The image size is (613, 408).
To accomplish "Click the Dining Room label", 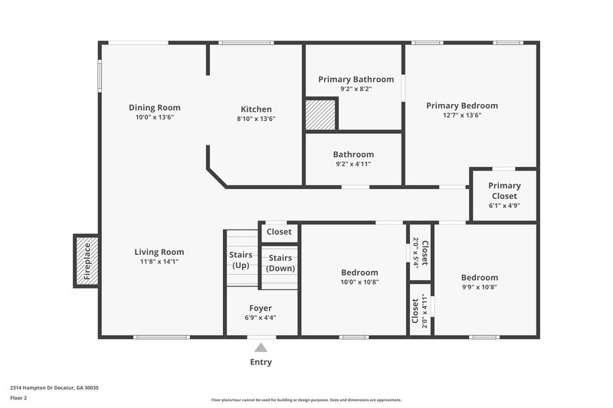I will pyautogui.click(x=154, y=108).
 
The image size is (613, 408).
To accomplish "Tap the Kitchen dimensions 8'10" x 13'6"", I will pyautogui.click(x=256, y=119).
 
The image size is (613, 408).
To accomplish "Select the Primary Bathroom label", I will pyautogui.click(x=356, y=79).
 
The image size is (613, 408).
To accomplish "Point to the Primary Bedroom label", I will pyautogui.click(x=461, y=106).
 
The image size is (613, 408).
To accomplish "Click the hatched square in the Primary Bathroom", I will pyautogui.click(x=320, y=115).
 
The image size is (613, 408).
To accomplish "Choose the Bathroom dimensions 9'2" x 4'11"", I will pyautogui.click(x=353, y=164).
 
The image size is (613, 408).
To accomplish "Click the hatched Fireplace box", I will pyautogui.click(x=86, y=261).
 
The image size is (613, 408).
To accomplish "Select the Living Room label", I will pyautogui.click(x=159, y=252).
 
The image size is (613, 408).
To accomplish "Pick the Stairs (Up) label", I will pyautogui.click(x=241, y=260).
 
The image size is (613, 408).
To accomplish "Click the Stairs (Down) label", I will pyautogui.click(x=280, y=263).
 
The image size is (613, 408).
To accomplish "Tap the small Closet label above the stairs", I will pyautogui.click(x=279, y=231).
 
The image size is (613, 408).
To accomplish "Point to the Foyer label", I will pyautogui.click(x=261, y=308).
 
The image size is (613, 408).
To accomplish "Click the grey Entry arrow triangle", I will pyautogui.click(x=261, y=348).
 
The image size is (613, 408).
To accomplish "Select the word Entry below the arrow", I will pyautogui.click(x=261, y=362).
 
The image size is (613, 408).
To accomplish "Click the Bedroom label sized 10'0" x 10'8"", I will pyautogui.click(x=359, y=273).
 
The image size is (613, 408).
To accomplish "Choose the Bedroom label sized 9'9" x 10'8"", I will pyautogui.click(x=479, y=277).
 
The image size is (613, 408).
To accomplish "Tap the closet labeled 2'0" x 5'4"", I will pyautogui.click(x=420, y=251).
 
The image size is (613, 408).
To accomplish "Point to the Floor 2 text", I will pyautogui.click(x=19, y=398).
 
